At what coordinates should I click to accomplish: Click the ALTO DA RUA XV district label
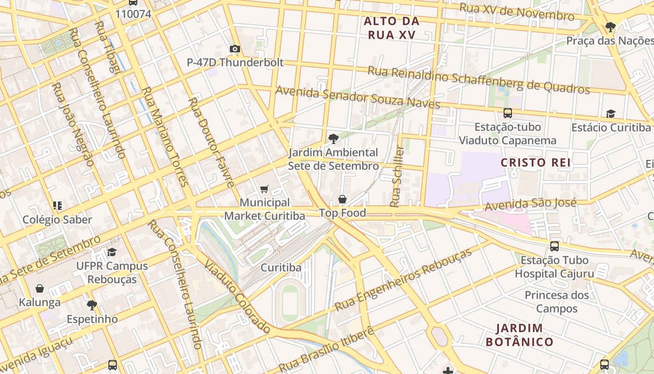[x=391, y=28]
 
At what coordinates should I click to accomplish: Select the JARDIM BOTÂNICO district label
[x=519, y=335]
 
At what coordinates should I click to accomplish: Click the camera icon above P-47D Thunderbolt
[x=235, y=49]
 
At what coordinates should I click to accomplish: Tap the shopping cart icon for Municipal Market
[x=264, y=189]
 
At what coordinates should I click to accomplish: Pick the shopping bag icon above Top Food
[x=342, y=200]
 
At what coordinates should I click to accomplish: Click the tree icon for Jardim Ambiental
[x=333, y=138]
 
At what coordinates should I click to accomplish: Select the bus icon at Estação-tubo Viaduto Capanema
[x=508, y=113]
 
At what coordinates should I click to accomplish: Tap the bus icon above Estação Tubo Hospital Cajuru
[x=554, y=246]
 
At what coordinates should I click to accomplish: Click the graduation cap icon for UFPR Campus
[x=112, y=252]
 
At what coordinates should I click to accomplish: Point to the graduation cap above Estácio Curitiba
[x=611, y=114]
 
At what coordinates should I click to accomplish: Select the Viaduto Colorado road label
[x=237, y=295]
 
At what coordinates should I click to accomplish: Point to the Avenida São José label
[x=530, y=205]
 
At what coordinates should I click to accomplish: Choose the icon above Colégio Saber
[x=57, y=206]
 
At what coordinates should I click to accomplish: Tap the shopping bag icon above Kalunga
[x=40, y=288]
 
